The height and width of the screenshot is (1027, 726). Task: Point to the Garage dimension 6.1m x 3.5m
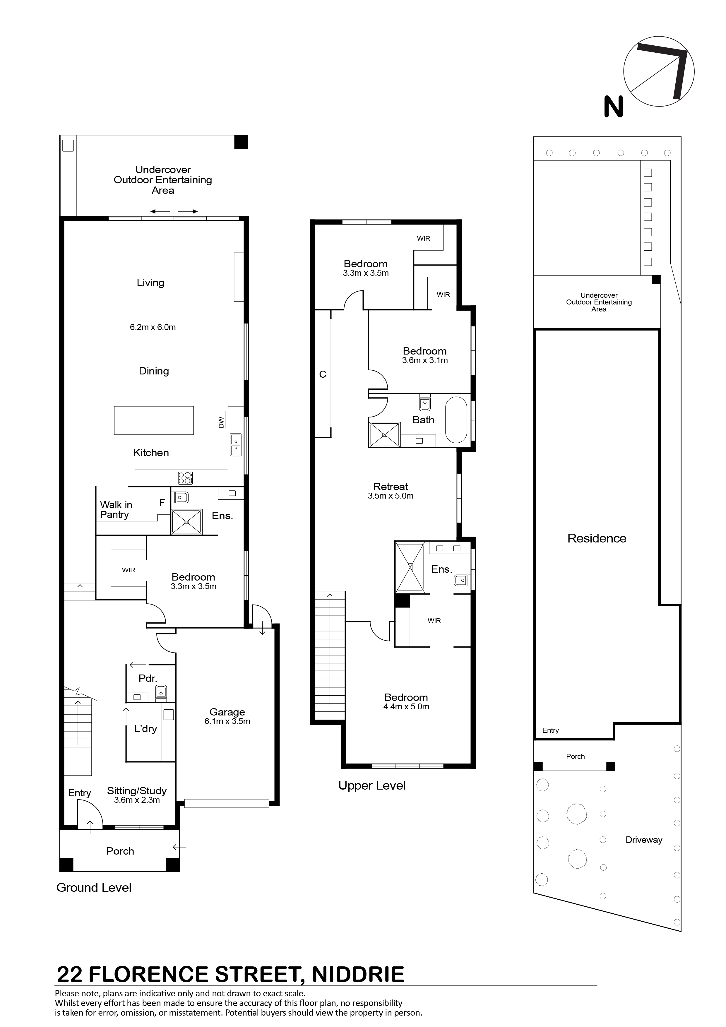[227, 721]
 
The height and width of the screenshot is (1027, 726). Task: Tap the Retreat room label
[391, 486]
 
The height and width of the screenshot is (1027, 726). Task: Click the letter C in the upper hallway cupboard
[323, 374]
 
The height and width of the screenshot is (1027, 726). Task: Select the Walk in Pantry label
[116, 509]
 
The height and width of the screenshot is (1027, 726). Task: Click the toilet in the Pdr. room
[161, 692]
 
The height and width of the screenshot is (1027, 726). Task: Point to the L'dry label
[146, 729]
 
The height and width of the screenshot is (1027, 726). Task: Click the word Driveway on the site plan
[644, 840]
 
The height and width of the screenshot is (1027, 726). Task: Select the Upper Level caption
[372, 785]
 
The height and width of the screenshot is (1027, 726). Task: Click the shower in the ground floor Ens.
[186, 522]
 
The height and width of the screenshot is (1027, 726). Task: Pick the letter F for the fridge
[162, 503]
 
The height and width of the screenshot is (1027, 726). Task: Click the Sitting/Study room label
[137, 791]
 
